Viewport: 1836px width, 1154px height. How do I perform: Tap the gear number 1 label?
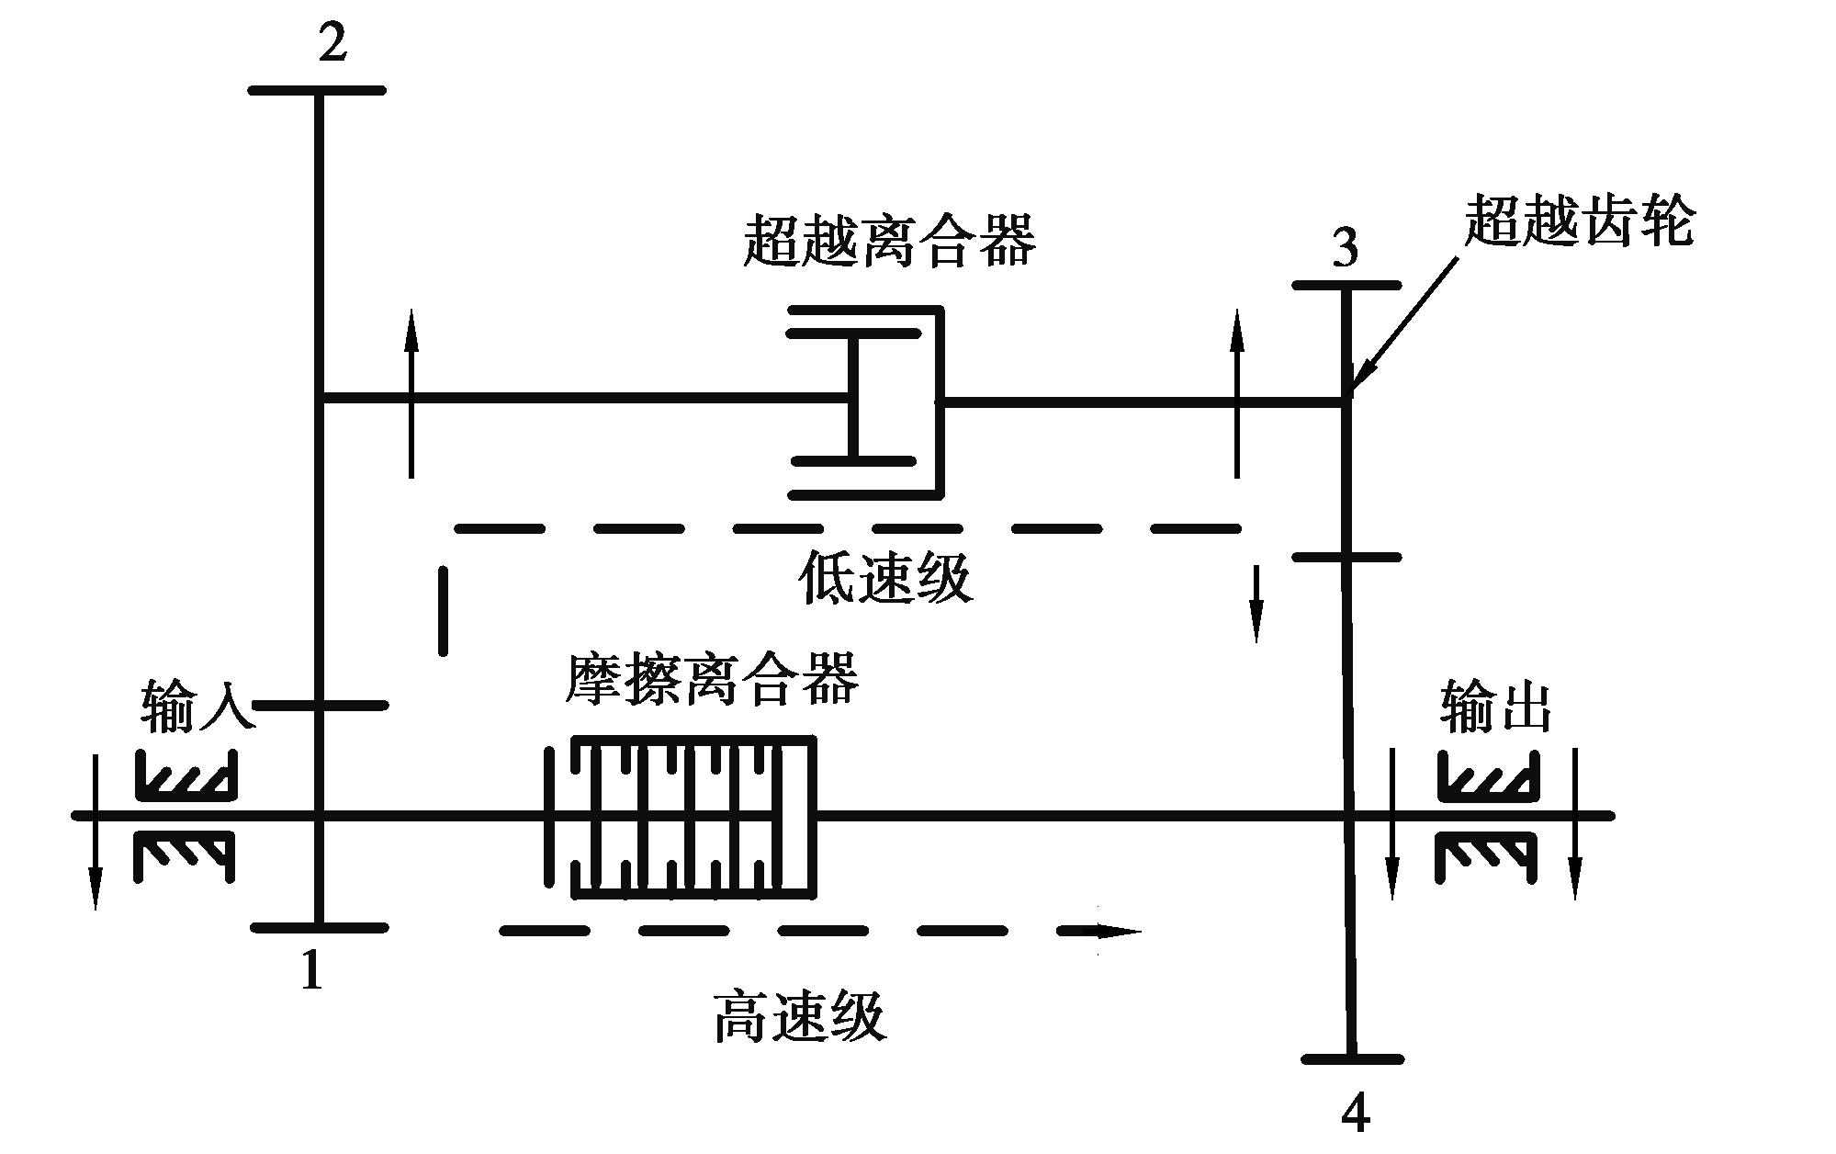[x=312, y=969]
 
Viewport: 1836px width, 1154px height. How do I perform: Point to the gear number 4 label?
[x=1355, y=1114]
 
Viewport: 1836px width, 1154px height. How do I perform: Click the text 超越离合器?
[x=889, y=241]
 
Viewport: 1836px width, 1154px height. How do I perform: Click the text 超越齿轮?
[x=1579, y=221]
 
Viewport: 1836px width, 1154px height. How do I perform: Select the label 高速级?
[x=799, y=1015]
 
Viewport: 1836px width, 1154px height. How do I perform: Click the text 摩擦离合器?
[x=712, y=679]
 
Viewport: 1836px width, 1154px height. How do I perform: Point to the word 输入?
[x=197, y=707]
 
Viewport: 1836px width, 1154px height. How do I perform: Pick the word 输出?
[x=1495, y=707]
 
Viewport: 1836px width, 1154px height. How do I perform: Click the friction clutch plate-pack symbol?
[x=680, y=816]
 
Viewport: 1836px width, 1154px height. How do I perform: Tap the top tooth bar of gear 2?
[x=317, y=90]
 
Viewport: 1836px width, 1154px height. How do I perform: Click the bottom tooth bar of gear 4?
[x=1353, y=1058]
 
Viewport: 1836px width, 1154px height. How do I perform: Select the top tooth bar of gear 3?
[x=1346, y=285]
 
